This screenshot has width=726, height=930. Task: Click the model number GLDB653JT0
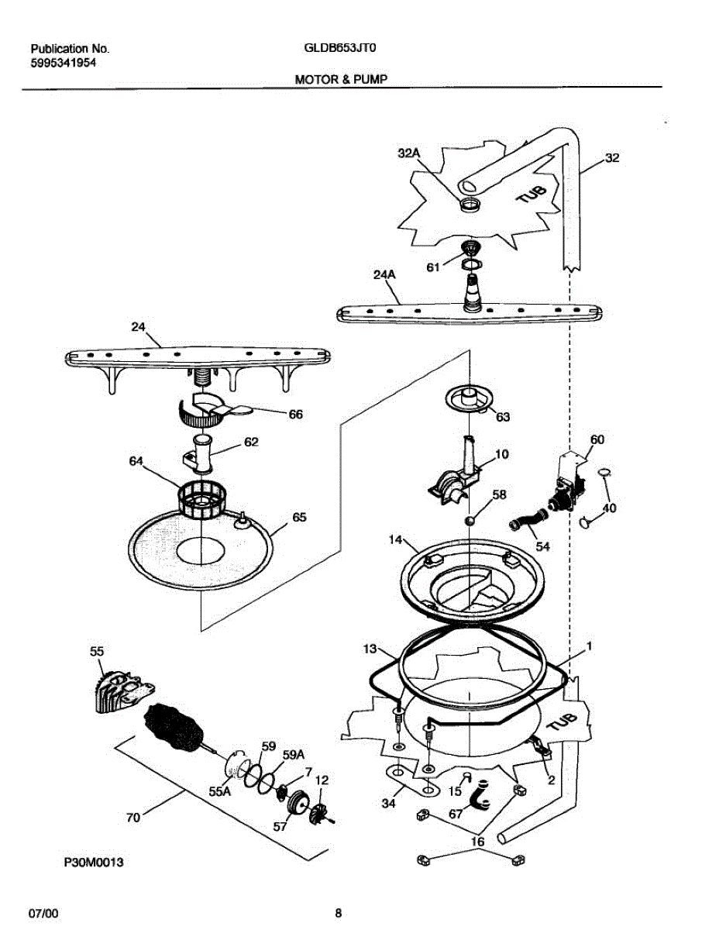[x=341, y=48]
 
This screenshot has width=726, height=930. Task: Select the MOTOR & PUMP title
[x=341, y=79]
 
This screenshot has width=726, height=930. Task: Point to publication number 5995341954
[x=64, y=64]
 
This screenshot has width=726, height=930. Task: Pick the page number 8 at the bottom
[x=338, y=913]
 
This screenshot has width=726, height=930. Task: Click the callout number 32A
[x=408, y=153]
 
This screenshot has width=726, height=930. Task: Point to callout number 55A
[x=221, y=791]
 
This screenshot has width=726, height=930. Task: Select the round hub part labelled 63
[x=470, y=398]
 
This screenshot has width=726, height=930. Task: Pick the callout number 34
[x=388, y=804]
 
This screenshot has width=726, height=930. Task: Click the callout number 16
[x=477, y=841]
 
